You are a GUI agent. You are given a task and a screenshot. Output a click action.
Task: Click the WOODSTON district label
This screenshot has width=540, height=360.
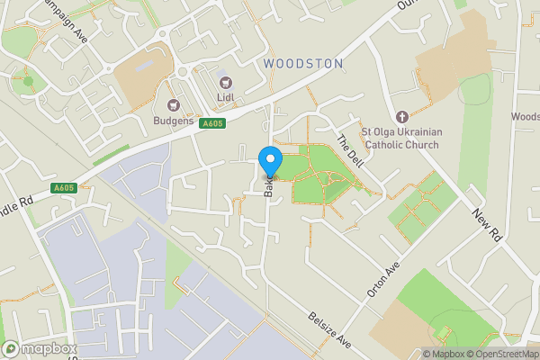(x=303, y=64)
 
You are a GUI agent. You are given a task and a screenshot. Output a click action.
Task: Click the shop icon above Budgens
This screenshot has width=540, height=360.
(x=174, y=106)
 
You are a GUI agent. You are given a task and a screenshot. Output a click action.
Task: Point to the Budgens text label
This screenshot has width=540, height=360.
(x=174, y=121)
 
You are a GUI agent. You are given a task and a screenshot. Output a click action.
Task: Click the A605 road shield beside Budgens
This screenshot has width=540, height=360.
(x=212, y=123)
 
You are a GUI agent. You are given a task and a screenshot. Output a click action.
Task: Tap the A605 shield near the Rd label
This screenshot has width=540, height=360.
(x=64, y=187)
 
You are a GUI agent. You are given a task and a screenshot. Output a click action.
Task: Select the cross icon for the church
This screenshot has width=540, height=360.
(x=401, y=117)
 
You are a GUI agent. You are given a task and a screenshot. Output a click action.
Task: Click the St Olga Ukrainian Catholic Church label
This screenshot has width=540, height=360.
(x=400, y=139)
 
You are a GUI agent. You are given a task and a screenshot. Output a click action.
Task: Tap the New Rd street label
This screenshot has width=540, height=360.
(x=487, y=221)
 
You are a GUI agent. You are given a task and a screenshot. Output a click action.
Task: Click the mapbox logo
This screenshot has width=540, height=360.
(x=38, y=348)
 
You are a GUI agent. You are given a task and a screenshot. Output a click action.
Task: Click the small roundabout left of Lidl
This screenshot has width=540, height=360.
(x=184, y=73)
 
